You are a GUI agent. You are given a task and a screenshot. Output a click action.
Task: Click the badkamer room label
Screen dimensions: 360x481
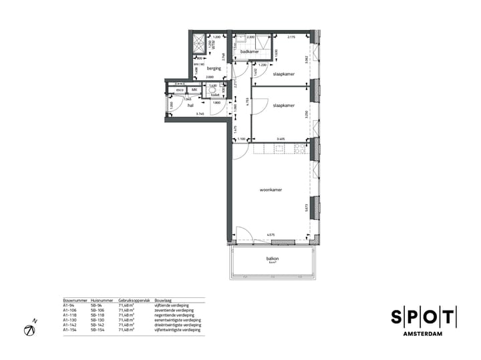point(250,51)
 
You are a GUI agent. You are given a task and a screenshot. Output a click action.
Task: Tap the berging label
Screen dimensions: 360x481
point(214,68)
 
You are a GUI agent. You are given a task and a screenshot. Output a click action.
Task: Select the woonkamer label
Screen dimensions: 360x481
point(271,190)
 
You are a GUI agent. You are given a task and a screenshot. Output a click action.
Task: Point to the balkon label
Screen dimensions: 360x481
point(272,258)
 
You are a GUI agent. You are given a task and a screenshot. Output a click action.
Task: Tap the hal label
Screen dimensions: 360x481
point(190,105)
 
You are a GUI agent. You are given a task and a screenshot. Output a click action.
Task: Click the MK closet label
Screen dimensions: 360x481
point(194,90)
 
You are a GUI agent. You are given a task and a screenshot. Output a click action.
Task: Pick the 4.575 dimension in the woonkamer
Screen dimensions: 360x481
point(271,234)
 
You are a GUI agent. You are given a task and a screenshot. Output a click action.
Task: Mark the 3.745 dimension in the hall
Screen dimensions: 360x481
point(200,115)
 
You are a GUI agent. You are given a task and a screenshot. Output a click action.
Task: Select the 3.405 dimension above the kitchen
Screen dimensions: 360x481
point(281,140)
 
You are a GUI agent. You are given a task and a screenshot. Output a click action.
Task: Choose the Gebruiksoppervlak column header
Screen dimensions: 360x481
point(131,301)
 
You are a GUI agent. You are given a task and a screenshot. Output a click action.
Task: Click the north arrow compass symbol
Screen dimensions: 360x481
point(30,329)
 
